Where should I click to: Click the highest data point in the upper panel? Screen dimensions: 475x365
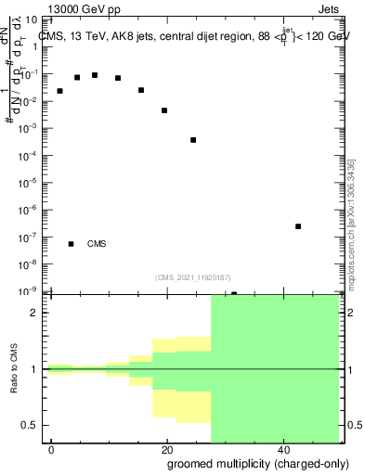click(95, 75)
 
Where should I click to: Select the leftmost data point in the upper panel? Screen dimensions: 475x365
click(60, 91)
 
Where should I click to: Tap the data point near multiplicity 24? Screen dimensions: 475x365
click(193, 140)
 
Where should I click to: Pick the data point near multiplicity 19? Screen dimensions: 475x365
click(164, 110)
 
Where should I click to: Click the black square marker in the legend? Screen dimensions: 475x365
click(72, 244)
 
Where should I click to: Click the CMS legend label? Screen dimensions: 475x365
click(97, 244)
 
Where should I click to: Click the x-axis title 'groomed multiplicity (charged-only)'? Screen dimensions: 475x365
click(258, 463)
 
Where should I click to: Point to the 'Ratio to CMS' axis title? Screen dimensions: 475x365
click(15, 369)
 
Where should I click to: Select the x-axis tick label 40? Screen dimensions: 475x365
click(285, 449)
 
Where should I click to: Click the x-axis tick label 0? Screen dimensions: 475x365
click(52, 449)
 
